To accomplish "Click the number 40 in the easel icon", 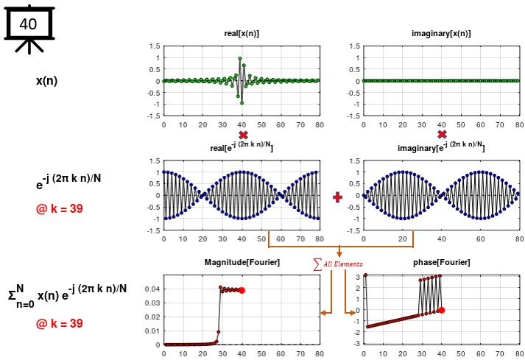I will (28, 24).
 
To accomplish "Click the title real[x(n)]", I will (242, 34).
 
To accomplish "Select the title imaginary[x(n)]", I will (441, 34).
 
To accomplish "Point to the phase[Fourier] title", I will (442, 263).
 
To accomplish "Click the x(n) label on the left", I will (46, 81).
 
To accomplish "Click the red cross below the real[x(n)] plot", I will (243, 135).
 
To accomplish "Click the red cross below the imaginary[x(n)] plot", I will (442, 135).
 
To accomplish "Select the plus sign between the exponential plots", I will (338, 197).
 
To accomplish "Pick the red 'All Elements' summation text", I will (339, 264).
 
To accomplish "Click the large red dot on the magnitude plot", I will (242, 291).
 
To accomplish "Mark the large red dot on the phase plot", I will (442, 310).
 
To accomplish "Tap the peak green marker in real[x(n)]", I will (240, 59).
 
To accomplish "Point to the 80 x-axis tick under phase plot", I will (519, 353).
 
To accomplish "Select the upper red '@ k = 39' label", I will (59, 208).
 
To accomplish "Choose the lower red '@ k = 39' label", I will (59, 323).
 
